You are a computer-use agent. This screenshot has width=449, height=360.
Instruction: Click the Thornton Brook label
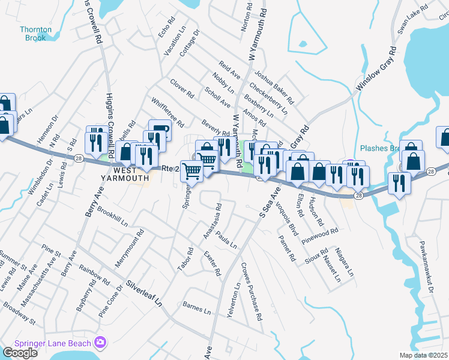click(35, 33)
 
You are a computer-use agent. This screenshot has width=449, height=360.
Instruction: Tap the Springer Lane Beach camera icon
click(100, 343)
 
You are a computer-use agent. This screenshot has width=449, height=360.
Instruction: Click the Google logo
click(20, 352)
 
